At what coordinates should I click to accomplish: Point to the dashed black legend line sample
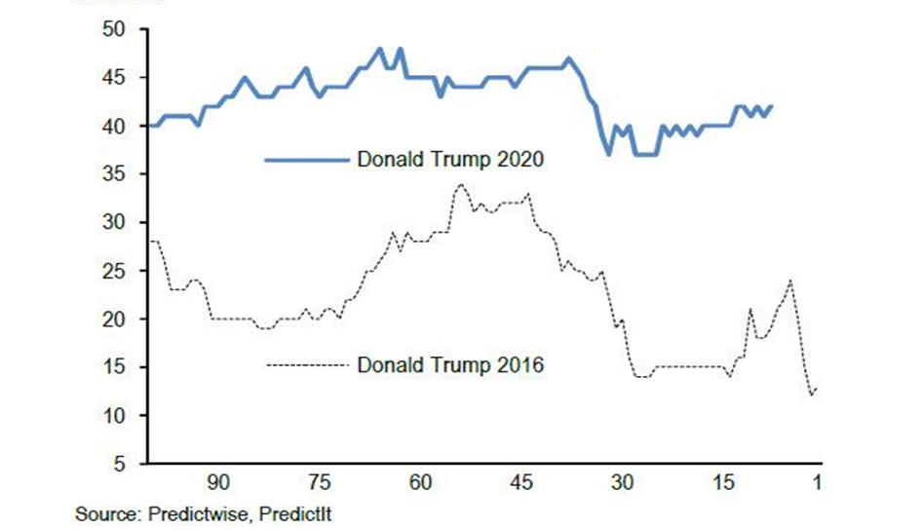click(x=307, y=365)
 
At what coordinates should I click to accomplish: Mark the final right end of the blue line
click(x=772, y=106)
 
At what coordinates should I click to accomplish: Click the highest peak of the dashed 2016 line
click(x=461, y=184)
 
